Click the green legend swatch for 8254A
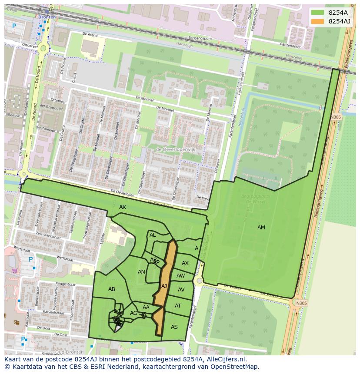(318, 13)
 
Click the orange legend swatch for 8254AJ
(318, 21)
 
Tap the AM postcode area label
(261, 228)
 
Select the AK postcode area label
(123, 207)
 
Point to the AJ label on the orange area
(164, 286)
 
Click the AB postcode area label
(112, 289)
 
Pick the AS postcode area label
(174, 327)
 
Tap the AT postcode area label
(178, 306)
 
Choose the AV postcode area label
(181, 290)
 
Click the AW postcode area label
(181, 276)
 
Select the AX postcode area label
(185, 263)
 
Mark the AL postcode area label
(153, 235)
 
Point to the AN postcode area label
(141, 272)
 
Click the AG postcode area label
(133, 313)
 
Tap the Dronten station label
(47, 17)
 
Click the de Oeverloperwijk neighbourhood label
(176, 149)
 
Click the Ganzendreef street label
(290, 45)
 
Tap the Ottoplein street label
(58, 101)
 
